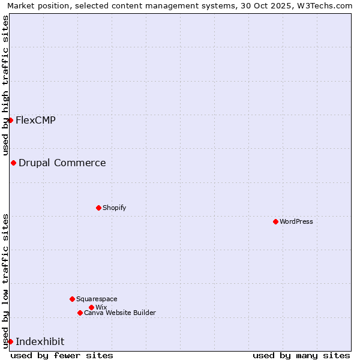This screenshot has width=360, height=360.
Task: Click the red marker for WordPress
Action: pos(275,221)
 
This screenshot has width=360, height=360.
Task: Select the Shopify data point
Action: pos(98,208)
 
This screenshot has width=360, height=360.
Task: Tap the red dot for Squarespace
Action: pos(72,299)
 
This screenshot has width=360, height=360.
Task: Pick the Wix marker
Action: pos(91,307)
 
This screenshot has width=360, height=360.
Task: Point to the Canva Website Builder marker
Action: pos(80,313)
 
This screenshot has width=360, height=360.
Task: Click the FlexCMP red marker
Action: pos(10,120)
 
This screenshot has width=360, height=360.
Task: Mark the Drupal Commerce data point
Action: pos(13,163)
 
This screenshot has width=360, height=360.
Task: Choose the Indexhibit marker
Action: pos(10,341)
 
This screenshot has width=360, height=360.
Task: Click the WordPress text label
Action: pos(296,221)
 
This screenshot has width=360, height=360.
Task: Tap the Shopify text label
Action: pos(114,208)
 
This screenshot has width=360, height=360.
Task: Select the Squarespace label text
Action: pos(97,299)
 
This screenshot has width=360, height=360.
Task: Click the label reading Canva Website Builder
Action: pos(120,313)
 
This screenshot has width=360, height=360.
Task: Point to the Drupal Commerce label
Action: pos(62,163)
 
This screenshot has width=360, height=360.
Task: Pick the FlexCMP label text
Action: pos(35,120)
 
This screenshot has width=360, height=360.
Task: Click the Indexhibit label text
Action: pos(40,341)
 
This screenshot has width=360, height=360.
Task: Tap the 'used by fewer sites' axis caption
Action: pos(62,355)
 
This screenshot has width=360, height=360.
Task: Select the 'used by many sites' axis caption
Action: pos(301,355)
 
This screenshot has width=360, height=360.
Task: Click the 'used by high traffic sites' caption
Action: pos(5,85)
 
